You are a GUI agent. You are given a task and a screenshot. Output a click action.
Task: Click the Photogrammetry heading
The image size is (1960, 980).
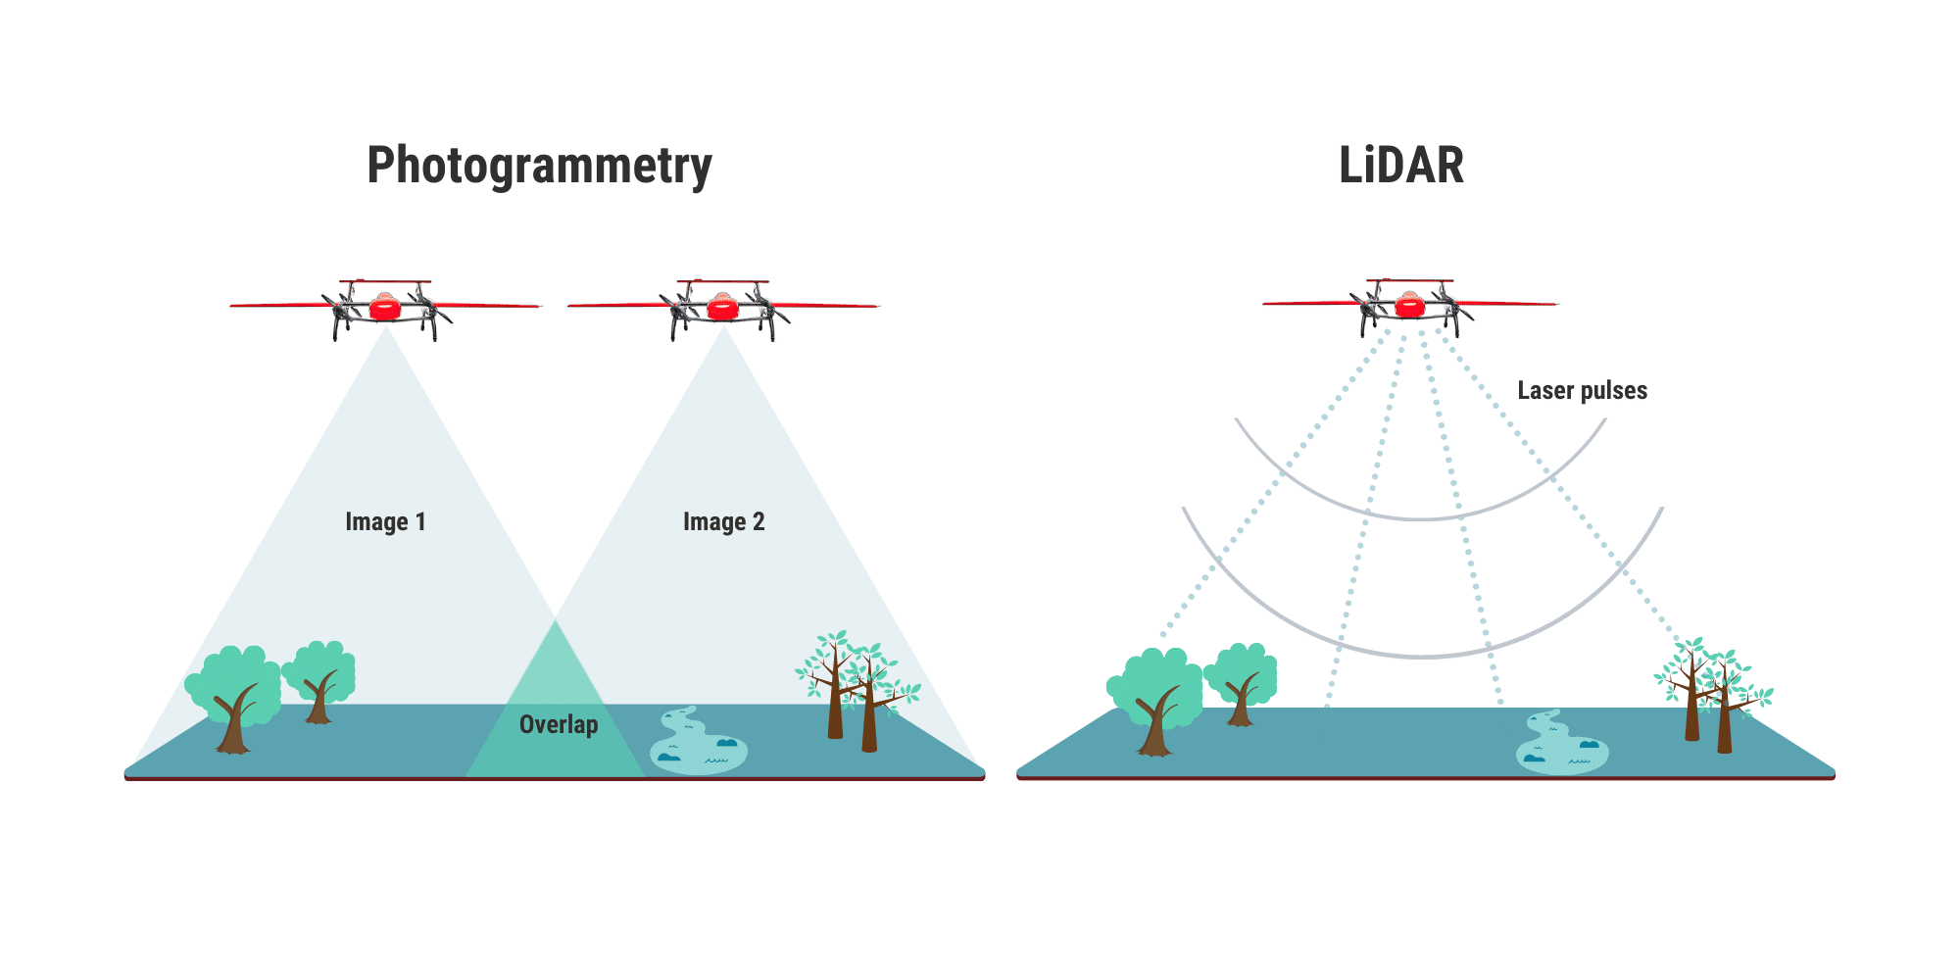[539, 167]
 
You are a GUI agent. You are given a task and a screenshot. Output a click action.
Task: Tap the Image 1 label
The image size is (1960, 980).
[385, 521]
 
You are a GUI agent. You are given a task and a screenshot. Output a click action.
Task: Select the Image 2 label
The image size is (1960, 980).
[723, 521]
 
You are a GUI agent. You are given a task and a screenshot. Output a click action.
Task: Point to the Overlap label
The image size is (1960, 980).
[559, 724]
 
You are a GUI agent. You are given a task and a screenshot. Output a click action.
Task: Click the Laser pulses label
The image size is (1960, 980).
[1582, 390]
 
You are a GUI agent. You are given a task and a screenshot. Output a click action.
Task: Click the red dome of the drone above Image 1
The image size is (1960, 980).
[385, 308]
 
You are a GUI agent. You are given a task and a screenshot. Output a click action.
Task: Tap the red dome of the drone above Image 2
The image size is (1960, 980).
[722, 308]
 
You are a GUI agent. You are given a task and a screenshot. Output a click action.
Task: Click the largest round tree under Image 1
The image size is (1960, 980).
[234, 691]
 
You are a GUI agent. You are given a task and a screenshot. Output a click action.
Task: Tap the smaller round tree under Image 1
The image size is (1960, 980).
[319, 676]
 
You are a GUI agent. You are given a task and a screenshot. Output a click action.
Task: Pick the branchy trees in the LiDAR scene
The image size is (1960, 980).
[1710, 691]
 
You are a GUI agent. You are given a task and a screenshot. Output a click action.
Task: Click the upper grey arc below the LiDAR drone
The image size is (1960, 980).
[1421, 516]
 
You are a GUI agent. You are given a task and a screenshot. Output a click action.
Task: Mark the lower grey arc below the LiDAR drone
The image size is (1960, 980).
[1421, 655]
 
